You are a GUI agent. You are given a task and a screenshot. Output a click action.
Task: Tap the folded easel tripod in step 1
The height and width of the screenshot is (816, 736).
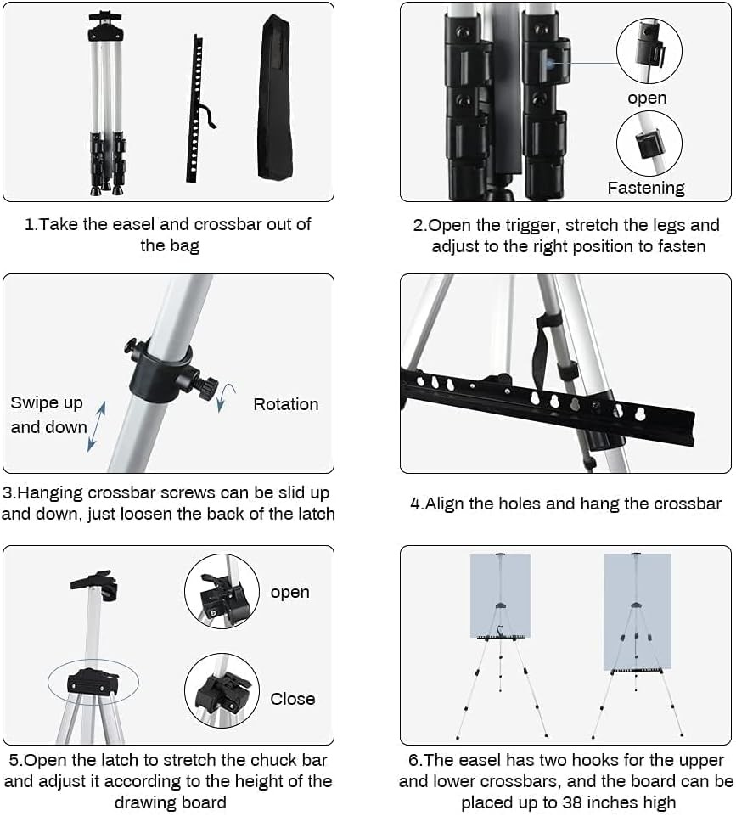click(x=106, y=102)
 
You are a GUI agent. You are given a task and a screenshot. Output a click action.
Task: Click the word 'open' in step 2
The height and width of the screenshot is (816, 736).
click(x=647, y=98)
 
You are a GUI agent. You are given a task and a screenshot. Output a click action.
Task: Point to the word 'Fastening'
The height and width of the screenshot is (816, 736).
click(x=646, y=188)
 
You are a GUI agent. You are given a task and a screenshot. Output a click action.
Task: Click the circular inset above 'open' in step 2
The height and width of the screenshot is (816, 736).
click(x=649, y=51)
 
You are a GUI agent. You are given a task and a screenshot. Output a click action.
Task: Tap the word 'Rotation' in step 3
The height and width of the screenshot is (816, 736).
click(x=286, y=404)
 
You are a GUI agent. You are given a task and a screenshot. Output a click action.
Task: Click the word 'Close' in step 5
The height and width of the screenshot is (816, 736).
click(x=293, y=699)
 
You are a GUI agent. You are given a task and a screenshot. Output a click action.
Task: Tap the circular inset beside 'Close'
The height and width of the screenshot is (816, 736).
click(x=222, y=690)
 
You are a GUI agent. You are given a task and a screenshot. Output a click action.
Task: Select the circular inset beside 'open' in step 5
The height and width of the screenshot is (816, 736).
click(x=222, y=591)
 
